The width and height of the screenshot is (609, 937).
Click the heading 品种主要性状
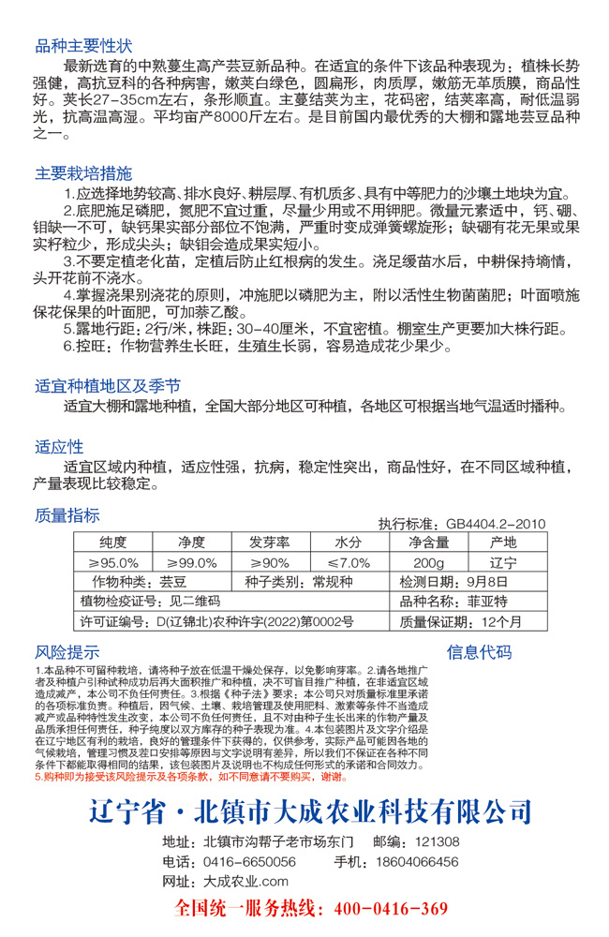pos(83,46)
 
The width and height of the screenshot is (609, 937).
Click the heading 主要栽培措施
pos(83,173)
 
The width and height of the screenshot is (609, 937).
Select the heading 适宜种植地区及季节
pos(108,386)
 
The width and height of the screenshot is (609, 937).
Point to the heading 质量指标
pos(67,514)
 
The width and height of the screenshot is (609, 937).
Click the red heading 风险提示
pos(67,652)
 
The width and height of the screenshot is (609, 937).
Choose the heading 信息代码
pos(479,652)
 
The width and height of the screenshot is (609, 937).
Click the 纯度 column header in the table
pos(113,543)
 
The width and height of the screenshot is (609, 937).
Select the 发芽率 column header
pos(269,543)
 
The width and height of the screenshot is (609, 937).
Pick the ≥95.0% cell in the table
pos(113,562)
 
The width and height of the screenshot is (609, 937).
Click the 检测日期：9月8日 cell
pos(445,582)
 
